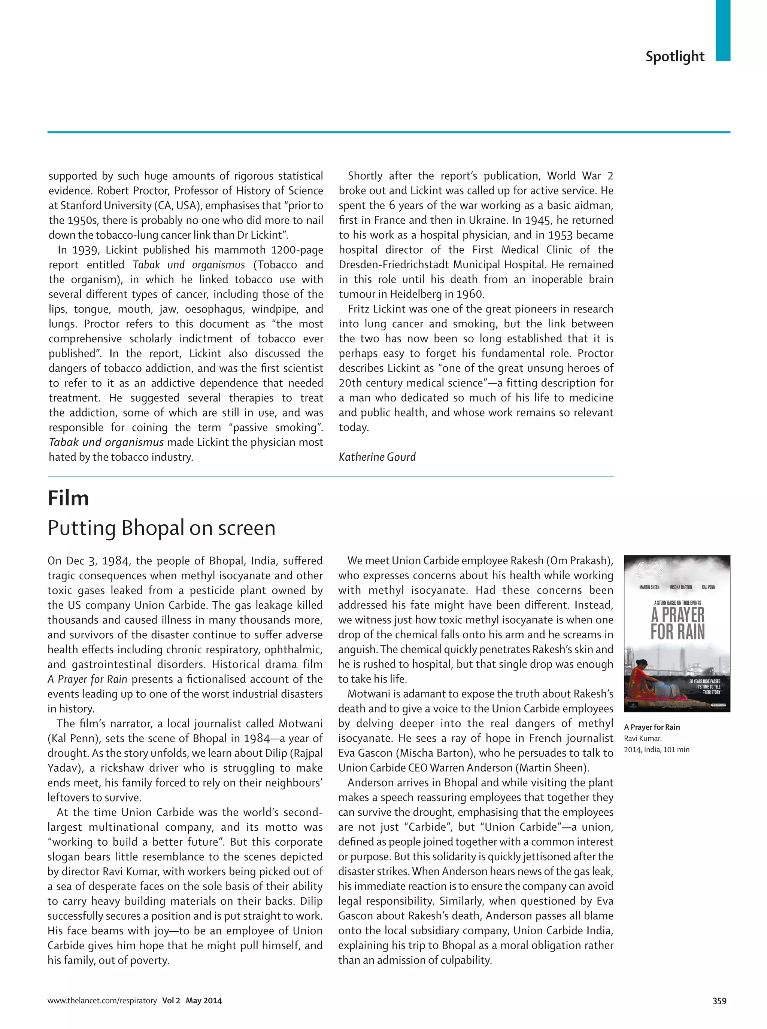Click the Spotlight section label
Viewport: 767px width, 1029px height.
pos(674,57)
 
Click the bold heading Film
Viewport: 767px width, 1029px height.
pos(68,498)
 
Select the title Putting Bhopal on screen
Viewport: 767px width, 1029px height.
pos(161,528)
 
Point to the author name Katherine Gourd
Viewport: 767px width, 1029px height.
pos(377,457)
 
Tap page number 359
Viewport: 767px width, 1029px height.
pos(719,1001)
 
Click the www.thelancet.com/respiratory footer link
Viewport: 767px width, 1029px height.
pos(102,1001)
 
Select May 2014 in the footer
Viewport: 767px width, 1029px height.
pos(204,1001)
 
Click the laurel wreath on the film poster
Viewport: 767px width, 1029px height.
pos(649,570)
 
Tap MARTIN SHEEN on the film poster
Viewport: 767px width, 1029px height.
pos(649,587)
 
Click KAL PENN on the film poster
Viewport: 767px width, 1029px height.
pos(709,587)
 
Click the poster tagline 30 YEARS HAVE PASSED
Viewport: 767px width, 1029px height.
pos(705,681)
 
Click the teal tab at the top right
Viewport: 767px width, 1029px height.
pos(722,30)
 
